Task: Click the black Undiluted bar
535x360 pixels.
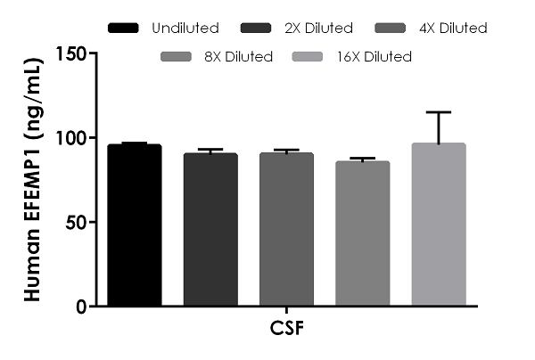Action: click(134, 225)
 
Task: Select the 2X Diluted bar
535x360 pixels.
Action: click(210, 230)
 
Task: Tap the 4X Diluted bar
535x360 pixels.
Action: click(286, 230)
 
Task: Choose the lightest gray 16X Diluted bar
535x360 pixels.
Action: click(439, 225)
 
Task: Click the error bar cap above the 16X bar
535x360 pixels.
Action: click(439, 112)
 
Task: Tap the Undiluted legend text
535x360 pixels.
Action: click(185, 29)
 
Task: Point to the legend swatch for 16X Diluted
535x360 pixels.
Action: click(314, 57)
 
